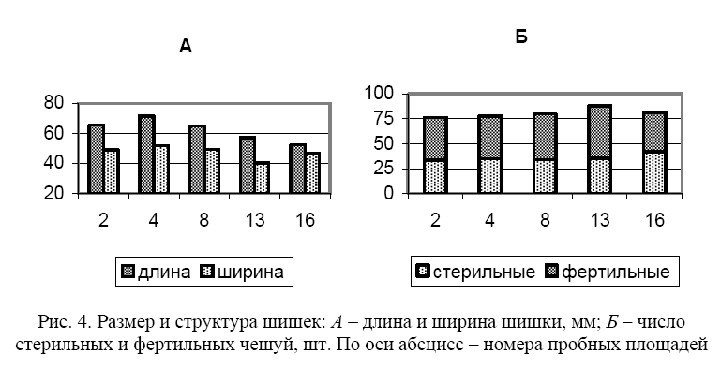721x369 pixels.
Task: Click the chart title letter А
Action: click(x=186, y=47)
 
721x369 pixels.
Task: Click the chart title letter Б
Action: click(x=521, y=37)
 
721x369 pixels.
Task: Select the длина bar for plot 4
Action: click(x=146, y=154)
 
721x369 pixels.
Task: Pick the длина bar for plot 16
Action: click(x=297, y=169)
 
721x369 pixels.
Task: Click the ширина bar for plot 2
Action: click(x=112, y=171)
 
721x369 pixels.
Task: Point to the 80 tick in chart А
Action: click(x=53, y=102)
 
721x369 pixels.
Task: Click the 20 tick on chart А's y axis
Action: click(x=53, y=193)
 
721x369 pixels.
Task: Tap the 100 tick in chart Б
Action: click(x=380, y=94)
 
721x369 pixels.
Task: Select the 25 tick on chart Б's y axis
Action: click(x=384, y=169)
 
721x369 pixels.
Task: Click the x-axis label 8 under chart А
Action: click(x=203, y=220)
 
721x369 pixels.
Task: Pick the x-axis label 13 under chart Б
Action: click(x=600, y=220)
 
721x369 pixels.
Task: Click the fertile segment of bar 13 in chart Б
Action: click(x=600, y=132)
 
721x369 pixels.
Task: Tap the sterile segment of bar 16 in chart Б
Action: click(x=654, y=172)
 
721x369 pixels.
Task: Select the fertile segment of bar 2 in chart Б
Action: click(x=435, y=139)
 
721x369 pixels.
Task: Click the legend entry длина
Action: click(x=156, y=272)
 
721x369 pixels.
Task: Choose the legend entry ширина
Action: click(x=242, y=272)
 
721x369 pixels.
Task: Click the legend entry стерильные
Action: click(x=475, y=272)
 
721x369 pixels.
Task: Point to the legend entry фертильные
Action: click(x=608, y=272)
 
